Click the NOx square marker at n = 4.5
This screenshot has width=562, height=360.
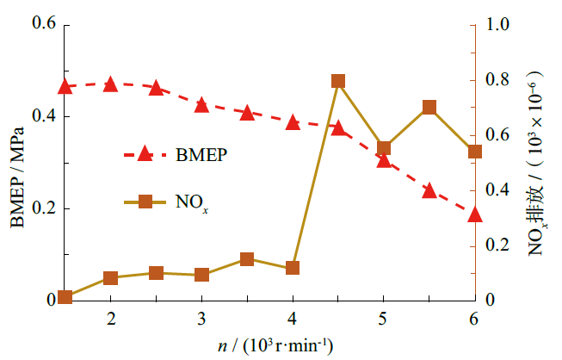click(x=338, y=82)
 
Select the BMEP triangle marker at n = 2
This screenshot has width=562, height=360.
click(x=110, y=84)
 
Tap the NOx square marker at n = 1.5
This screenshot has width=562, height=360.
click(x=65, y=297)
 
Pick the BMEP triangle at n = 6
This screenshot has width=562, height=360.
click(x=475, y=214)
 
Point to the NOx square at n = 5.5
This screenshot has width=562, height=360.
click(x=429, y=108)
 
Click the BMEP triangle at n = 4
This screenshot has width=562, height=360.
click(x=293, y=122)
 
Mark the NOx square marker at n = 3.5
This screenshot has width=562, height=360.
click(x=247, y=259)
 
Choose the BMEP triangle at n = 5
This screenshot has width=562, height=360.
click(x=384, y=160)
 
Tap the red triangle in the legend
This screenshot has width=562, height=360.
click(x=145, y=154)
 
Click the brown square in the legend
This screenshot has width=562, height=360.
click(x=145, y=202)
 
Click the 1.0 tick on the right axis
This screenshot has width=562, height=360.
click(x=497, y=24)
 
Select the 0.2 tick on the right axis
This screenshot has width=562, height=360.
click(x=497, y=245)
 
